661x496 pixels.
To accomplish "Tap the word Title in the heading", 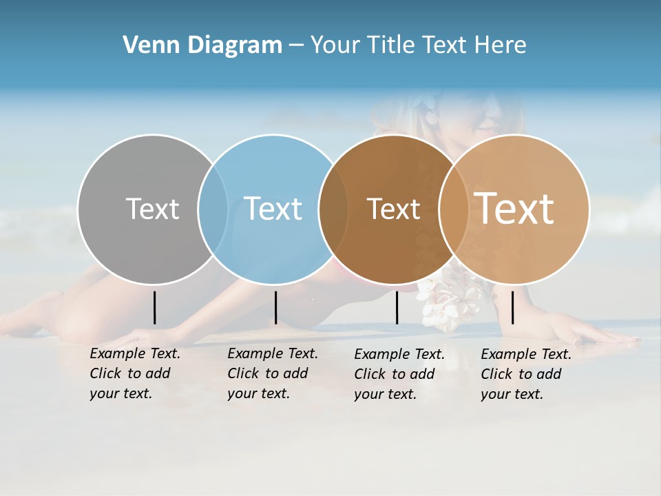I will pos(392,45).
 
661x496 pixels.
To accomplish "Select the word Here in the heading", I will pos(501,45).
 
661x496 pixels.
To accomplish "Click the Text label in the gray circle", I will pos(152,209).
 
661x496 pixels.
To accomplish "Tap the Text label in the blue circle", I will pos(273,209).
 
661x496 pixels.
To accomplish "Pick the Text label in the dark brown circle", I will pos(393,209).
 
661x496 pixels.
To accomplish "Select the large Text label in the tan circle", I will pos(514,208).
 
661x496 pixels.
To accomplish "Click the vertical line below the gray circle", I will pos(154,307).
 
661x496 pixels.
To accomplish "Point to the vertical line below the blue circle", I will pos(275,307).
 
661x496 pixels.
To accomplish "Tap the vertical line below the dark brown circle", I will pos(397,307).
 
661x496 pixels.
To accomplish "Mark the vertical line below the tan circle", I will pos(512,307).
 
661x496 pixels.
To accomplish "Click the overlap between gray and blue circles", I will pos(213,209).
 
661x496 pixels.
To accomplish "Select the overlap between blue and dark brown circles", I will pos(333,209).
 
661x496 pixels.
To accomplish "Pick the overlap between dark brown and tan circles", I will pos(454,209).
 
